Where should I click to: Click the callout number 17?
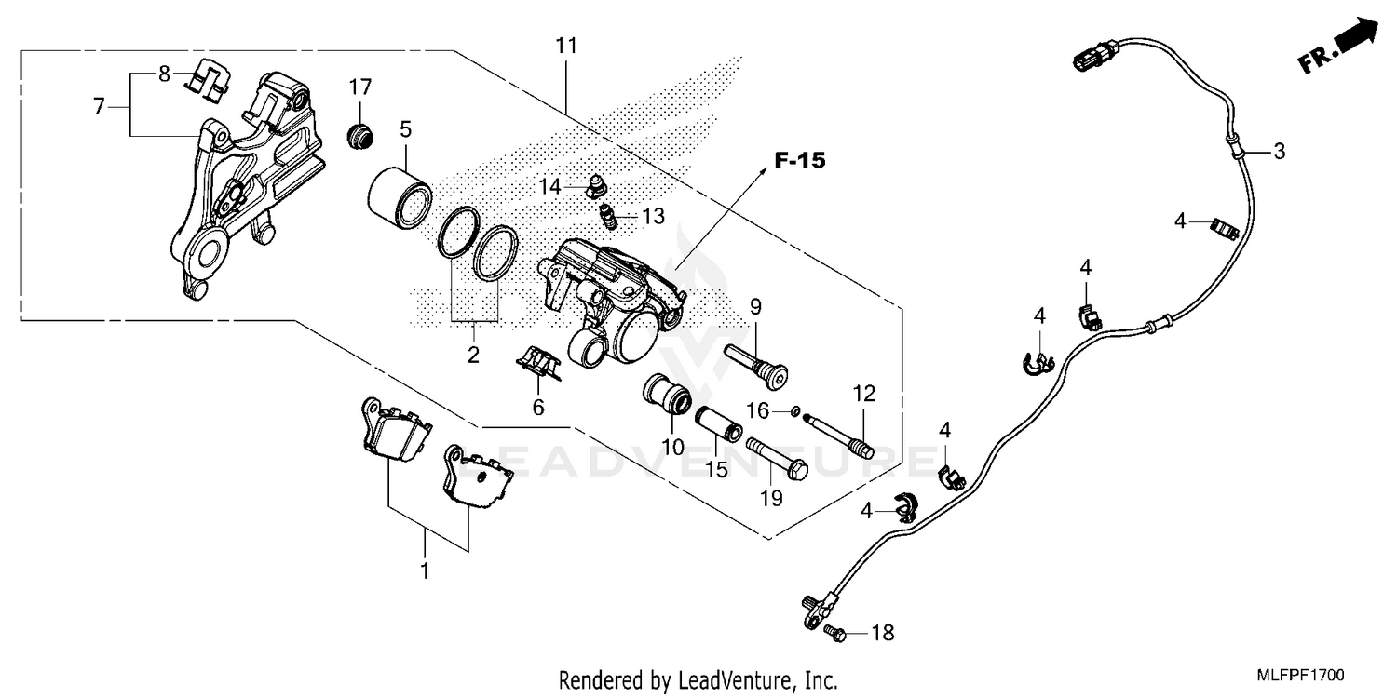[x=360, y=87]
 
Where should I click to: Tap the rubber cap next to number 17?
[x=359, y=136]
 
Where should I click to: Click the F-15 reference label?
[x=799, y=161]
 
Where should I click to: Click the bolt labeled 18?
[x=834, y=632]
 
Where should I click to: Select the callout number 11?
[x=566, y=46]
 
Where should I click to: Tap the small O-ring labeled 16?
[x=793, y=410]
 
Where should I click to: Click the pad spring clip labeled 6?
[x=539, y=363]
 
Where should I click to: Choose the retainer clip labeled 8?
[x=207, y=81]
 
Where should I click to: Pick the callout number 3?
[x=1280, y=151]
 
